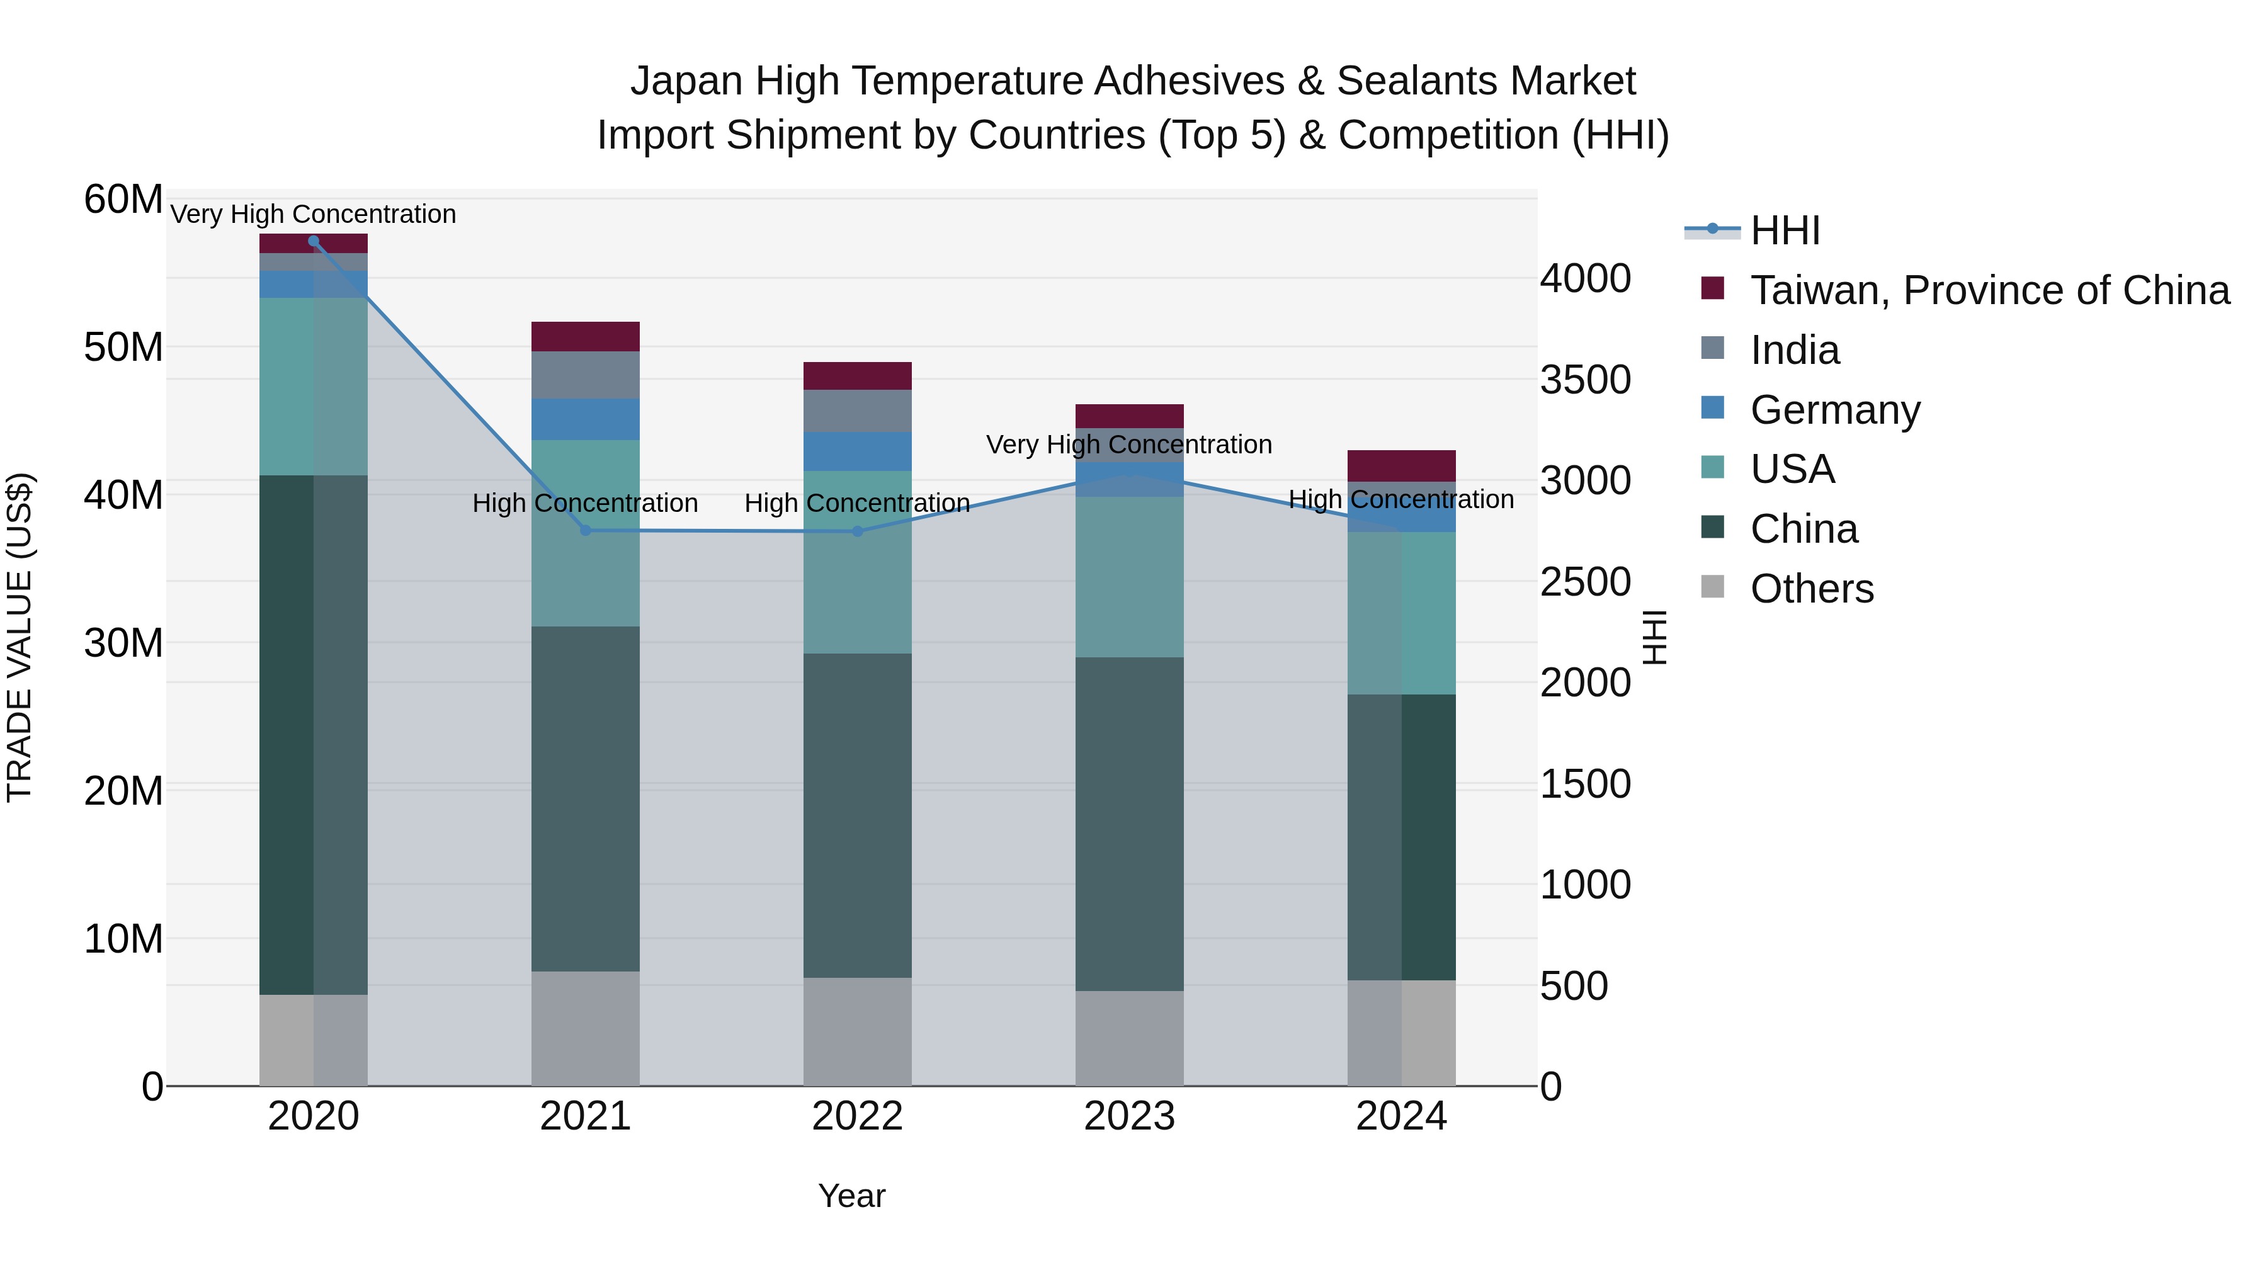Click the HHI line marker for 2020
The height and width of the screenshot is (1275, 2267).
[x=314, y=241]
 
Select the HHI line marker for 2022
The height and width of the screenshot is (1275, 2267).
[x=857, y=531]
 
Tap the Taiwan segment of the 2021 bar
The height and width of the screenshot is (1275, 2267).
[x=585, y=337]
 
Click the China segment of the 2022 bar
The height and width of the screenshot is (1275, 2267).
[x=857, y=815]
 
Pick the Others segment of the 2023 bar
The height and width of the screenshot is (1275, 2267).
[x=1129, y=1038]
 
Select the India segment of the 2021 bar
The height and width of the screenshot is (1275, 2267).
[x=585, y=375]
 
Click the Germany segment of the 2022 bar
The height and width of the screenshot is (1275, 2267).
[x=857, y=451]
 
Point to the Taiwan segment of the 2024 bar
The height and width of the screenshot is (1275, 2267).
[x=1401, y=465]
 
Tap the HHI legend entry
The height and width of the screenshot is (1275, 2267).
[x=1784, y=230]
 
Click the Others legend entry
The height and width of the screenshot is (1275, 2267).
[x=1811, y=589]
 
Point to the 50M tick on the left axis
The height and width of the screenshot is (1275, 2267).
[x=123, y=348]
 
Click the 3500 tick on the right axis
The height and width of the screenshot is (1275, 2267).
[x=1585, y=380]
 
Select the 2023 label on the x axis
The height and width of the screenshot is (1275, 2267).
[x=1129, y=1116]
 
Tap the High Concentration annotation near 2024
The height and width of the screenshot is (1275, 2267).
[x=1401, y=499]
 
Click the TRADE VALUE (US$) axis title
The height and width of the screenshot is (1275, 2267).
[x=20, y=637]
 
